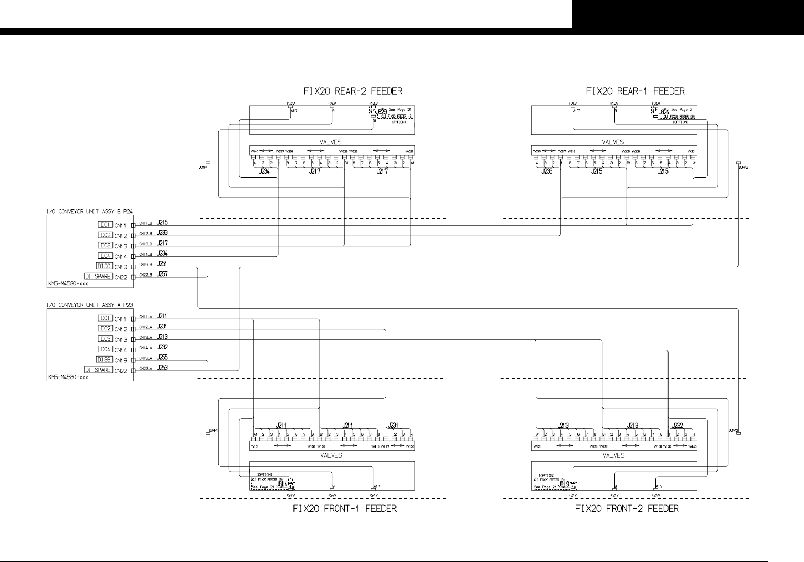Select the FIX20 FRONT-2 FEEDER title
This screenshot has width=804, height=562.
click(627, 509)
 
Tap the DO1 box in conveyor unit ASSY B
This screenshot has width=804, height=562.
click(105, 225)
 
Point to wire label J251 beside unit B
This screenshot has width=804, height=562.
click(162, 264)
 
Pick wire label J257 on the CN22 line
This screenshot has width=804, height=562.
click(162, 274)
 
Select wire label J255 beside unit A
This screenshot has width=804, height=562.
click(162, 358)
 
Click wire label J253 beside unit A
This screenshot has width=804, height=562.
click(162, 368)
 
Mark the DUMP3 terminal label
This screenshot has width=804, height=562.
click(743, 168)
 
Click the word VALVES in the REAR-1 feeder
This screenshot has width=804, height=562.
click(613, 142)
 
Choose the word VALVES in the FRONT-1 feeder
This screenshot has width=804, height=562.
click(331, 455)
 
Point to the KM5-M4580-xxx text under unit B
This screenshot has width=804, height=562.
click(67, 283)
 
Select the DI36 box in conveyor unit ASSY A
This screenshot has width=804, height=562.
click(105, 360)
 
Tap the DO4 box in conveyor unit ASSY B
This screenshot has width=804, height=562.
click(105, 256)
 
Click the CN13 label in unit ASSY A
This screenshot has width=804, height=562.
click(121, 340)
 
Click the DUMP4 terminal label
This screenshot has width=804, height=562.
click(203, 168)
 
